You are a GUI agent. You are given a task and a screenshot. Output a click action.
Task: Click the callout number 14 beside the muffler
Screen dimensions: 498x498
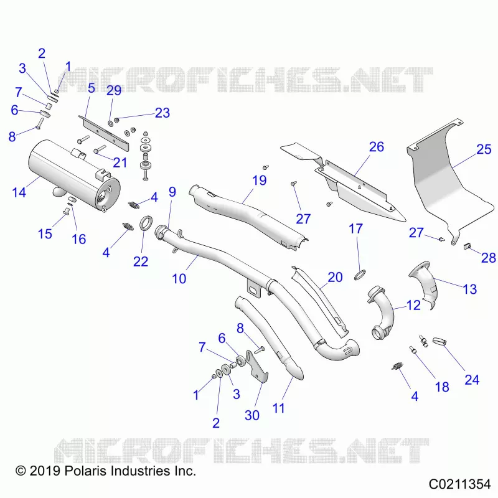point(19,192)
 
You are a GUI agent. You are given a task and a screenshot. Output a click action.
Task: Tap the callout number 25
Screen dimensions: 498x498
point(484,149)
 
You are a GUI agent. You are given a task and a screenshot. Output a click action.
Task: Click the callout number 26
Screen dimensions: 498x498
point(377,147)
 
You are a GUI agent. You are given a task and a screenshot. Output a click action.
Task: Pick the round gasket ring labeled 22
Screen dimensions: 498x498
point(146,223)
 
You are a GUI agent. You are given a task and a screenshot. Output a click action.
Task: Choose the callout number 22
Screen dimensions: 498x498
point(141,261)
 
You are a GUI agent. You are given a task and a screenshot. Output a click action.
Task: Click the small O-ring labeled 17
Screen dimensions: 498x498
point(360,275)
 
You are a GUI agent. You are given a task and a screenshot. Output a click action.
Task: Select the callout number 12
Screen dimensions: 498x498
point(413,305)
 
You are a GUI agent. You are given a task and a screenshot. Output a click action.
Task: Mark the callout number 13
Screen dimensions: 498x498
point(470,289)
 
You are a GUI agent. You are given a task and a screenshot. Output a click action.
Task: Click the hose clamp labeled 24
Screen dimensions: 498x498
point(439,342)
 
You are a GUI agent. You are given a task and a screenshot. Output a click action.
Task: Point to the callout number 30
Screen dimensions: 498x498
point(252,415)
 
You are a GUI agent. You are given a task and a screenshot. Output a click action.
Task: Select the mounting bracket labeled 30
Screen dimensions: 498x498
point(256,365)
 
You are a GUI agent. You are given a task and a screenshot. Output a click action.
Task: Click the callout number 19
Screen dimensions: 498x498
point(259,181)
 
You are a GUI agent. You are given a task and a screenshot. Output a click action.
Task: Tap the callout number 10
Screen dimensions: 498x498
point(179,279)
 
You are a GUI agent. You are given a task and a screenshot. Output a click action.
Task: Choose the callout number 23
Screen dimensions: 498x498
point(162,113)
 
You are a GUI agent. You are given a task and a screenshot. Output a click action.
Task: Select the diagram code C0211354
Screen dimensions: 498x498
point(459,484)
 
